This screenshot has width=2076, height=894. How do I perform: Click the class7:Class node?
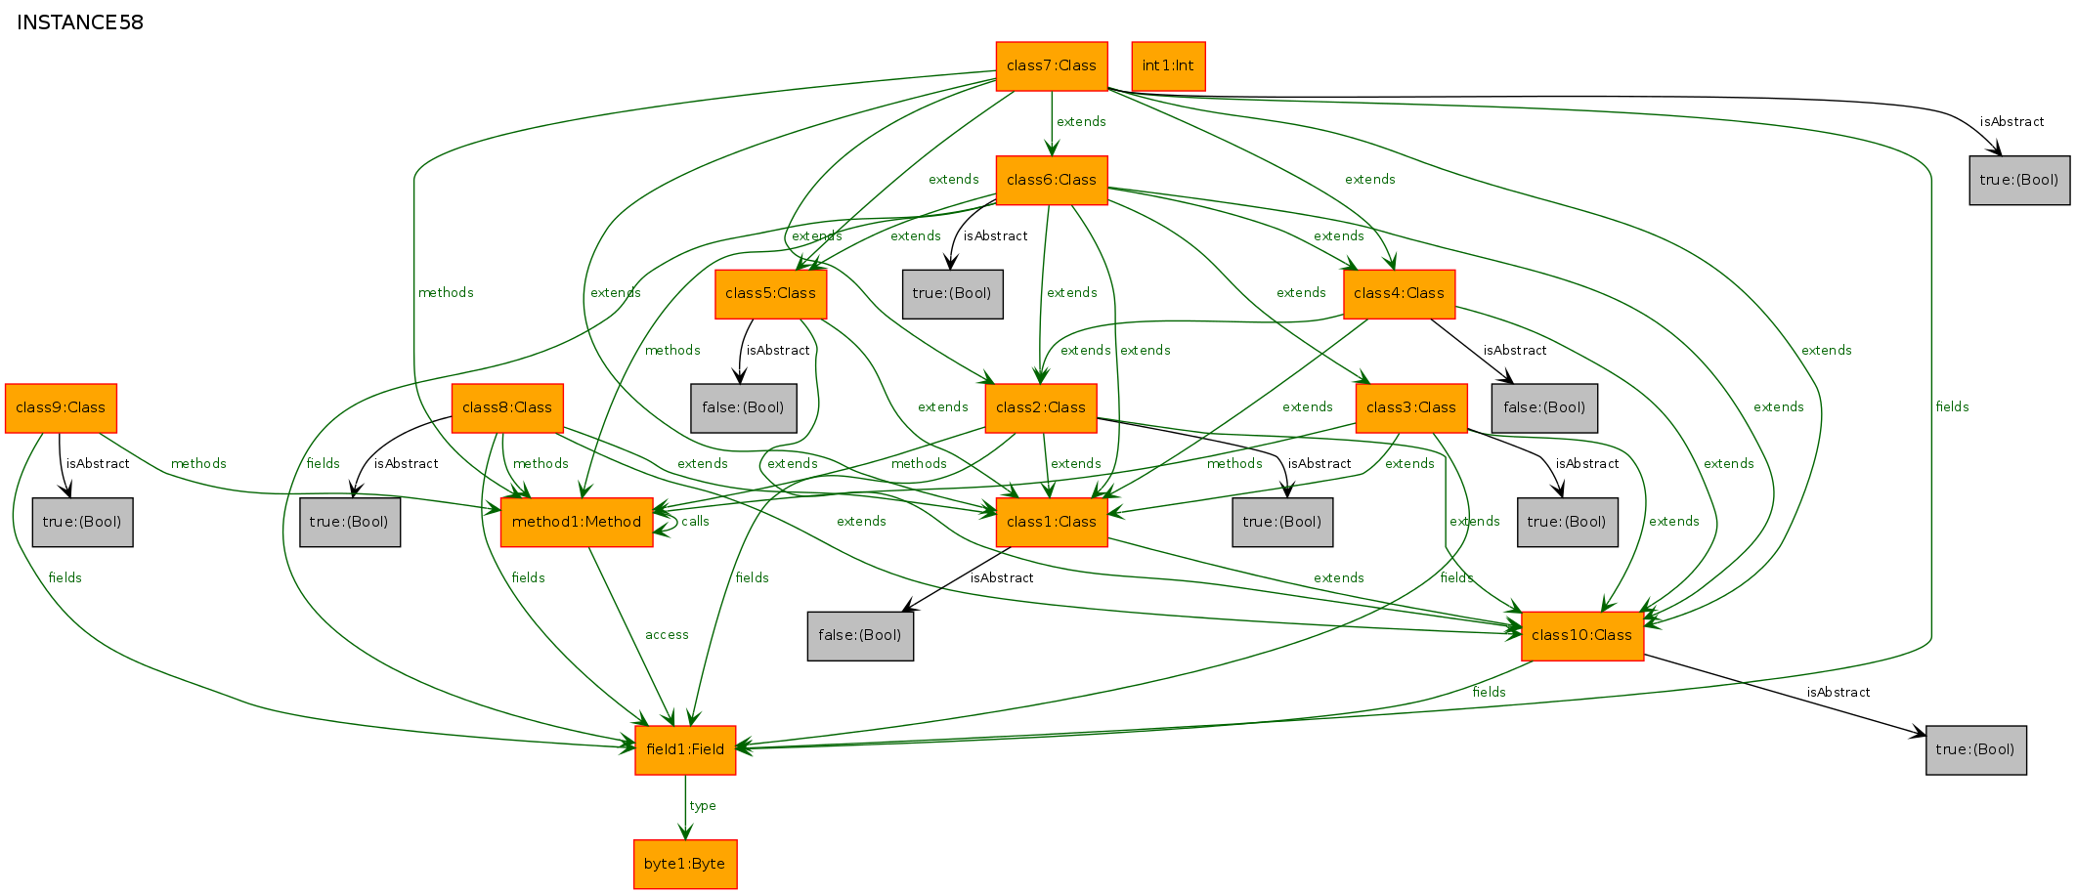click(x=1052, y=66)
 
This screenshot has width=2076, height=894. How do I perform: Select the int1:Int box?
click(x=1168, y=66)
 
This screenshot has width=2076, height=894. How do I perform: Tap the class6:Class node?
click(x=1052, y=181)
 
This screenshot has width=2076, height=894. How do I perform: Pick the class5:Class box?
click(x=770, y=294)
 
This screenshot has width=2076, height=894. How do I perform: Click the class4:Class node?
click(x=1399, y=294)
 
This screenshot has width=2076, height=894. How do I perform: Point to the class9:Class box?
click(x=61, y=408)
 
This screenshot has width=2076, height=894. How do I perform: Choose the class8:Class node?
click(x=507, y=408)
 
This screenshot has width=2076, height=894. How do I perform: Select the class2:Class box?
click(x=1041, y=408)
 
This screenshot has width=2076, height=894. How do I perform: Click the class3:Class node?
click(x=1411, y=408)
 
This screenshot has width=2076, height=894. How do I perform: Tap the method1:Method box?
click(x=577, y=523)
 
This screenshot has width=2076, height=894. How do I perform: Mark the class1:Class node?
click(x=1052, y=523)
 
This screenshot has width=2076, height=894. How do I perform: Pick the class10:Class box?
click(x=1582, y=636)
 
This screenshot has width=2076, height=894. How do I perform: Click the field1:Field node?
click(x=685, y=750)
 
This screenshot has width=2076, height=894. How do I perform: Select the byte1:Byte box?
click(x=685, y=865)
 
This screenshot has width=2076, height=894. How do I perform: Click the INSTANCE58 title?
click(x=80, y=22)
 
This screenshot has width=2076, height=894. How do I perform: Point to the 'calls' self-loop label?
click(x=695, y=522)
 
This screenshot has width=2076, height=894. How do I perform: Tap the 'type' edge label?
click(x=703, y=806)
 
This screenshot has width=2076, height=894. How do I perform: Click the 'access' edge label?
click(x=667, y=635)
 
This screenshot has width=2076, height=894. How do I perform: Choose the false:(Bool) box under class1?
click(x=860, y=636)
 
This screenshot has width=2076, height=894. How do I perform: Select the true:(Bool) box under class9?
click(x=82, y=523)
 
